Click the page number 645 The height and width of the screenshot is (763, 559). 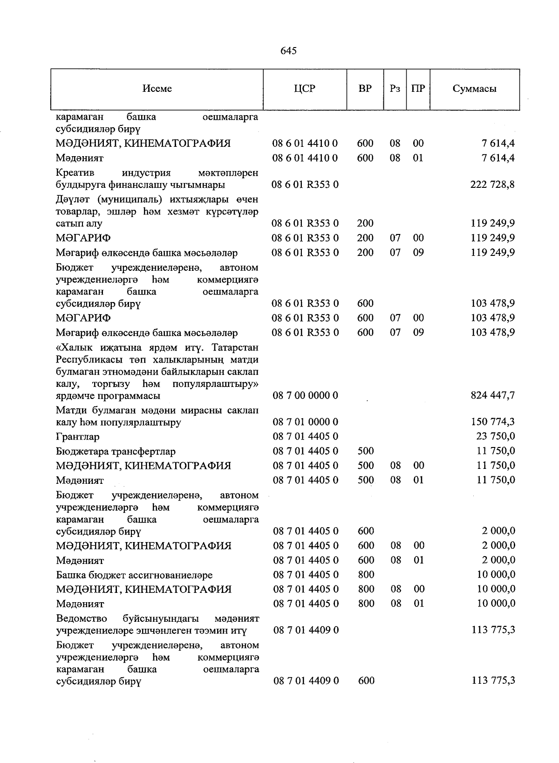[288, 51]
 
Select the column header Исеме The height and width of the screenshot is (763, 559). [157, 89]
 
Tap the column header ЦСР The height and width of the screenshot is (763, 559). [305, 89]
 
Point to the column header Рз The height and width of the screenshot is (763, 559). [395, 89]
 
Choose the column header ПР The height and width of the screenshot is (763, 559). [418, 89]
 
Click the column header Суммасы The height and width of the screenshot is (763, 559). [474, 89]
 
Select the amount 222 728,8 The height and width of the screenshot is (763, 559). [493, 185]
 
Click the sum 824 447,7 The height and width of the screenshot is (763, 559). [493, 396]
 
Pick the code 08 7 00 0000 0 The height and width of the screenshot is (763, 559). [306, 396]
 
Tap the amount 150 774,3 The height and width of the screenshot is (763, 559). [493, 422]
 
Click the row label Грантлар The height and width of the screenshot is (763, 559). [77, 437]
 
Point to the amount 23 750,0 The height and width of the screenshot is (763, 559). [496, 437]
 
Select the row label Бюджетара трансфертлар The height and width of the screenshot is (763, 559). [116, 451]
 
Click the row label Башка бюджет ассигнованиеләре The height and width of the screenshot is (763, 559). [134, 575]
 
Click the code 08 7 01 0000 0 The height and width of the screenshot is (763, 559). [306, 422]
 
